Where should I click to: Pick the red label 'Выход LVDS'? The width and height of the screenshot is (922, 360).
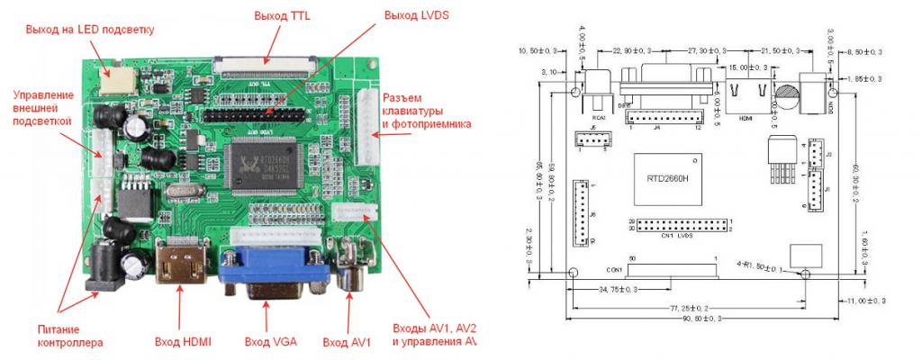(x=416, y=15)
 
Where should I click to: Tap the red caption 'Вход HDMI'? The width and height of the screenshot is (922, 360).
(x=183, y=342)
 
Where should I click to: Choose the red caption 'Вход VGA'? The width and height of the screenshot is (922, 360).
(x=271, y=342)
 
